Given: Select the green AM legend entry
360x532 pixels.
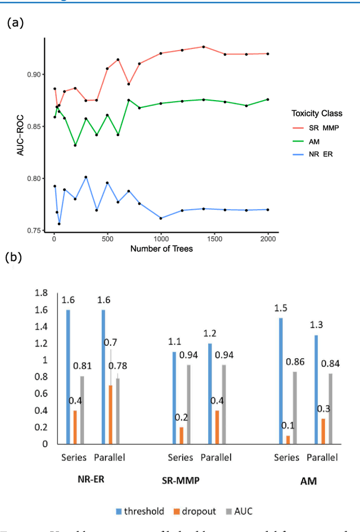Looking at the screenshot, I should (309, 141).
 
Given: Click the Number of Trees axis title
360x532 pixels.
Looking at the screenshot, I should (161, 249).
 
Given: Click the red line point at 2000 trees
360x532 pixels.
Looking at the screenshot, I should (268, 54).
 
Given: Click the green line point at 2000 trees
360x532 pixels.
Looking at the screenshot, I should (268, 100).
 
